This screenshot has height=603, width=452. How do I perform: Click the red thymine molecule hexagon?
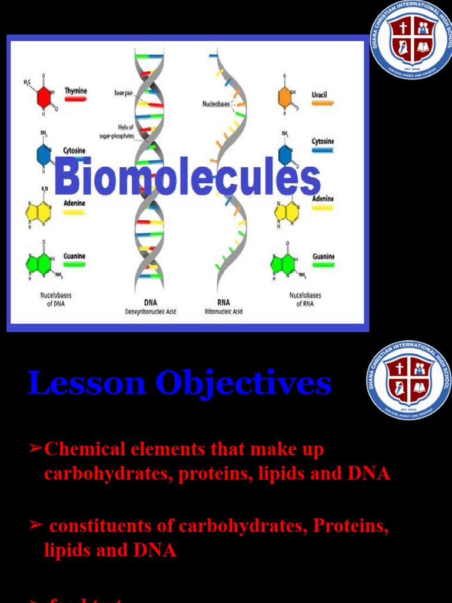click(x=44, y=97)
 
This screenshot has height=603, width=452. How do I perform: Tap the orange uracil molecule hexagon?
click(x=285, y=97)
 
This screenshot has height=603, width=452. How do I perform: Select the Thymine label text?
click(x=75, y=91)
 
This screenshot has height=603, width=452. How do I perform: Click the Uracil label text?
click(x=320, y=95)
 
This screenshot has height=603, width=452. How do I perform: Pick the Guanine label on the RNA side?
click(x=323, y=257)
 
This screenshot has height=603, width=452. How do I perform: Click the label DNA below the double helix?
click(x=151, y=303)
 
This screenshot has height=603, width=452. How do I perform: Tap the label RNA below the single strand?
click(x=224, y=303)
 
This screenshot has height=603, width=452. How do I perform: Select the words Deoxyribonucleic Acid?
click(x=151, y=312)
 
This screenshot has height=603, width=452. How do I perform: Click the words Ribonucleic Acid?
click(x=224, y=312)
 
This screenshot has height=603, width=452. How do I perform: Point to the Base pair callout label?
click(x=123, y=93)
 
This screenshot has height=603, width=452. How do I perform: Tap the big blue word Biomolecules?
click(x=187, y=177)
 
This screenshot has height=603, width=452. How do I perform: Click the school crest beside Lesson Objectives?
click(x=408, y=380)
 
